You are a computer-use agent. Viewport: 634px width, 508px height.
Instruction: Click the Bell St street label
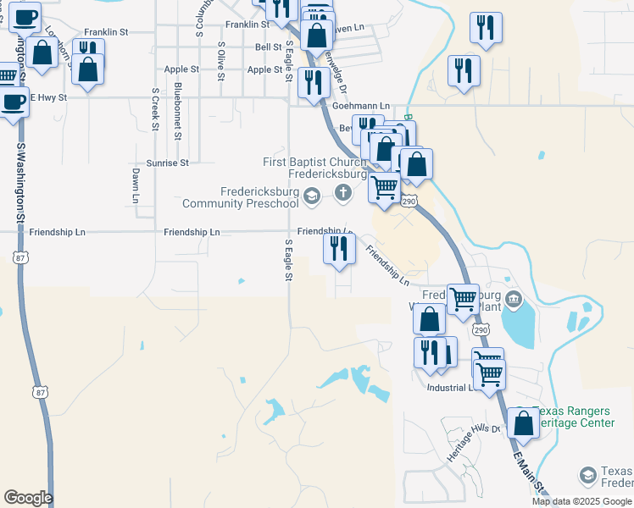[x=268, y=47]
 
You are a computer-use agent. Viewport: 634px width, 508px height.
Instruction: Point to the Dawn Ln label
[x=135, y=185]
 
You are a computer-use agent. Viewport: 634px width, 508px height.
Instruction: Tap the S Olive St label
[x=220, y=61]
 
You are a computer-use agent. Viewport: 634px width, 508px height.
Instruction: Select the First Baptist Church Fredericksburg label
[x=314, y=168]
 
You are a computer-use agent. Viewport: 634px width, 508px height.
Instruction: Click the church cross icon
[x=343, y=192]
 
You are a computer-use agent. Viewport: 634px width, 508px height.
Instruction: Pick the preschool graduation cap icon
[x=312, y=197]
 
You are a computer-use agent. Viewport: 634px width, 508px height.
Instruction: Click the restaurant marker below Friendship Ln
[x=337, y=249]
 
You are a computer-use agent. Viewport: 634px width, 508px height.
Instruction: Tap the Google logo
[x=28, y=498]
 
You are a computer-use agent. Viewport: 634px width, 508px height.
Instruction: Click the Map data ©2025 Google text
[x=582, y=502]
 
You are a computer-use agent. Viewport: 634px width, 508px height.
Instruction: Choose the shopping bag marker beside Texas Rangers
[x=524, y=422]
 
